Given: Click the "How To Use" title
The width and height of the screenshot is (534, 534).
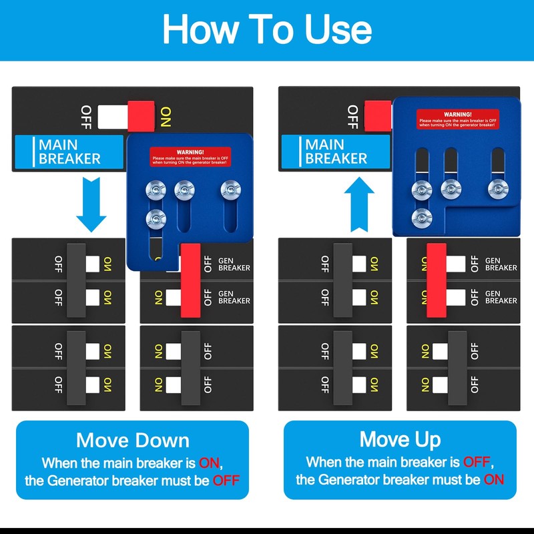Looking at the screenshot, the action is coord(267,29).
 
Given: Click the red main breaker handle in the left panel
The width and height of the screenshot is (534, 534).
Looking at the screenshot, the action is coord(142,115).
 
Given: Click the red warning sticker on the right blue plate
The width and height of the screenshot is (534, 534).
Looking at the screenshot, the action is coord(457,119).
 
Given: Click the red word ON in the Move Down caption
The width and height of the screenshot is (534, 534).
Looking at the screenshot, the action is coord(210,462).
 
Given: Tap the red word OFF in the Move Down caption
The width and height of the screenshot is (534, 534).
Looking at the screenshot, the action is coord(227,480).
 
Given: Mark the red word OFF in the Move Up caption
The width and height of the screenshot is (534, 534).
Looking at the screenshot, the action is coord(477,462).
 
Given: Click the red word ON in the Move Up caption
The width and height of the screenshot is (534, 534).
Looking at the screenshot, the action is coord(494,480).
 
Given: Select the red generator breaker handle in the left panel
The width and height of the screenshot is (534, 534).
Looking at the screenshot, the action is coord(190,280).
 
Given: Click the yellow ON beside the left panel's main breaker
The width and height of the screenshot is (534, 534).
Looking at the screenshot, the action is coord(166,116).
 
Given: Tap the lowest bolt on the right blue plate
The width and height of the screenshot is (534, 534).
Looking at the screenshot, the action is coord(421,217).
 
